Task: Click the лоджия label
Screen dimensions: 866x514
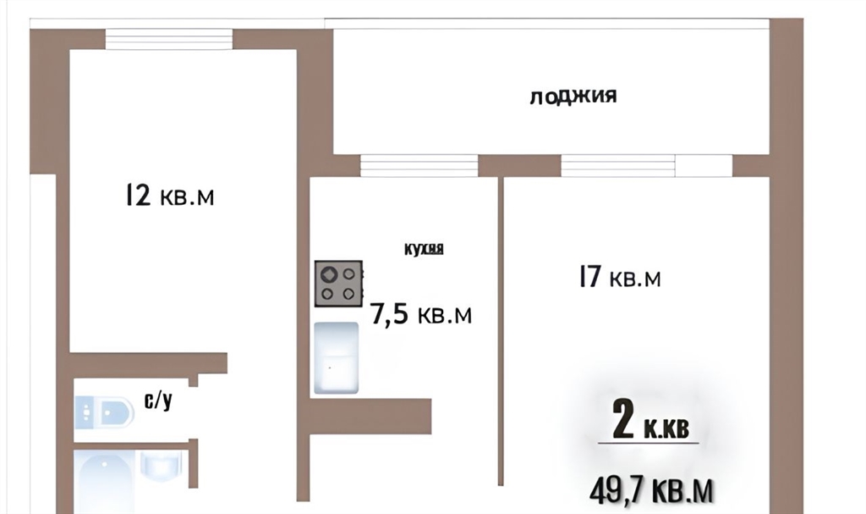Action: tap(573, 97)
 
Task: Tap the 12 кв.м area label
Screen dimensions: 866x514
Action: tap(169, 196)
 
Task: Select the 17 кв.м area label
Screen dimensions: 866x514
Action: tap(620, 277)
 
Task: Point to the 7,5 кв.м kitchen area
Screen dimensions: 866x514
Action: tap(421, 314)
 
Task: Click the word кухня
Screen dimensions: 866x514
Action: tap(424, 249)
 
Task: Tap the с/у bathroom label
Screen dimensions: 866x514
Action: tap(158, 400)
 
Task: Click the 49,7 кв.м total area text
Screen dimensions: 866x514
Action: tap(651, 490)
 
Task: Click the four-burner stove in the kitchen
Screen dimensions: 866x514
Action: tap(338, 284)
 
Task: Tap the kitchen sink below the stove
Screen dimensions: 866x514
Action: tap(337, 358)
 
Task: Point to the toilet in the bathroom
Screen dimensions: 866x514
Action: tap(104, 412)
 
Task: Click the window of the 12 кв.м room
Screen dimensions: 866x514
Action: tap(169, 39)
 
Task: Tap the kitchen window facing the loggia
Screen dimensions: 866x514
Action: tap(419, 165)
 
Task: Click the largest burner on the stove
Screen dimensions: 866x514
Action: tap(329, 274)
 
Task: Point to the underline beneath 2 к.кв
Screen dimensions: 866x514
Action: tap(649, 443)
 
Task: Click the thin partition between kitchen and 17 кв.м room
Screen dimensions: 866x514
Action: tap(501, 331)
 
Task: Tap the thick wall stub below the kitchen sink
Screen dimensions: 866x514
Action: tap(370, 417)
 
